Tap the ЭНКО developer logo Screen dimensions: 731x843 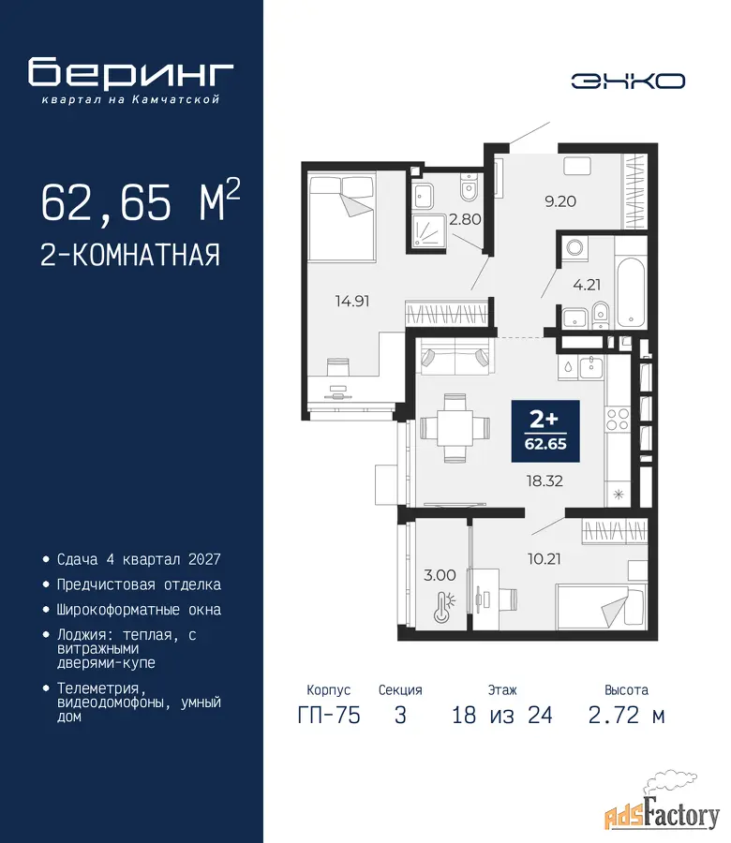click(628, 81)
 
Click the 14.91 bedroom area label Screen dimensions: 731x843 click(352, 301)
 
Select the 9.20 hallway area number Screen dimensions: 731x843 click(560, 201)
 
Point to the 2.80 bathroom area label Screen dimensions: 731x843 click(465, 219)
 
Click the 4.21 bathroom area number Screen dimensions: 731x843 click(587, 285)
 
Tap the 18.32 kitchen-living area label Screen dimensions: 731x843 click(545, 481)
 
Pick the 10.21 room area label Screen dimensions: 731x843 click(545, 559)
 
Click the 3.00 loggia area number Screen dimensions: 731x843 click(440, 575)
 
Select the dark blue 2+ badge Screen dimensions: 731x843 click(545, 431)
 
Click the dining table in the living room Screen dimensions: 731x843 click(455, 428)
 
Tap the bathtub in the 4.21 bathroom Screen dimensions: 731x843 click(631, 292)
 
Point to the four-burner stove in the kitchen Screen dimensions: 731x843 click(618, 420)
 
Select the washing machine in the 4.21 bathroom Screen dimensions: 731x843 click(575, 249)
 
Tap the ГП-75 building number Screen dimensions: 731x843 click(329, 716)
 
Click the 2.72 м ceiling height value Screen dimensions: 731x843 click(627, 716)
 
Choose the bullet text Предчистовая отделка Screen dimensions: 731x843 click(139, 584)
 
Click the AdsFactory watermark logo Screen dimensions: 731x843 click(663, 808)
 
